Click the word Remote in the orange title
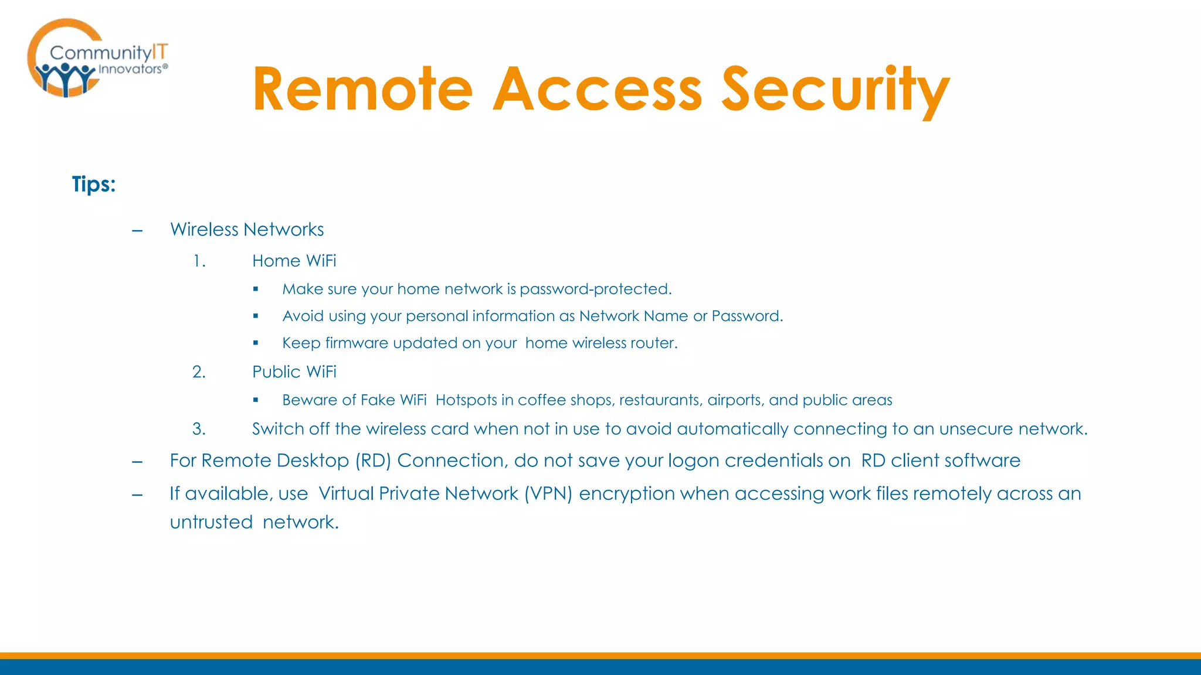coord(362,89)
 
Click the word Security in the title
coord(835,89)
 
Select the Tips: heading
coord(94,184)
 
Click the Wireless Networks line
coord(247,229)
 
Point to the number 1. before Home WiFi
coord(199,261)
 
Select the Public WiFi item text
coord(294,371)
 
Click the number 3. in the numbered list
coord(199,429)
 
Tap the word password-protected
coord(595,289)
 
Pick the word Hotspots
coord(466,400)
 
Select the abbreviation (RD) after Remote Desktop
coord(373,461)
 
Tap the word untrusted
coord(211,521)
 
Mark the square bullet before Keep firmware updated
coord(256,343)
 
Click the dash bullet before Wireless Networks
coord(137,230)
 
